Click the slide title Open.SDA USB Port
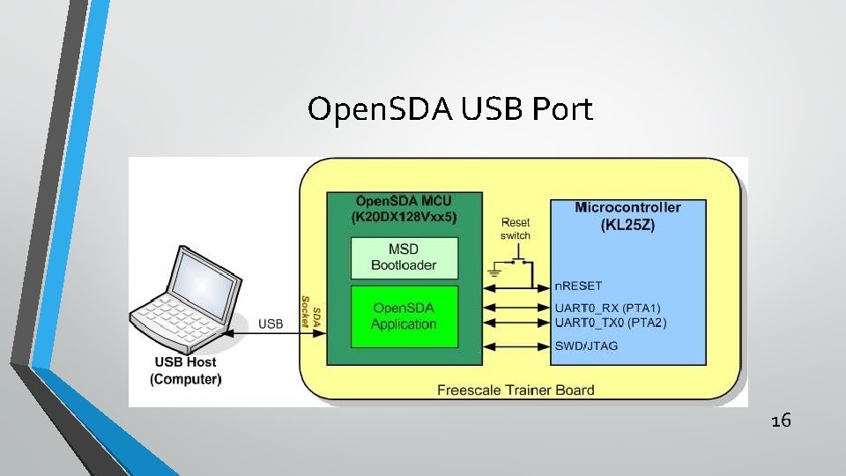(450, 109)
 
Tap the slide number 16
(780, 421)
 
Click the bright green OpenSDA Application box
(404, 316)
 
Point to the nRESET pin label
(578, 286)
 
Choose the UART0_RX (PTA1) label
(607, 308)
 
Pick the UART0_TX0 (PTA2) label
(610, 323)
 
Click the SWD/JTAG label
(586, 346)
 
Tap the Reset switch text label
(516, 229)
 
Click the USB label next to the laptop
(271, 324)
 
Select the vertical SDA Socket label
(309, 311)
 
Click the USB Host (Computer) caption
(185, 370)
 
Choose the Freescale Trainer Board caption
(516, 390)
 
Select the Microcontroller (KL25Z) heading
(627, 216)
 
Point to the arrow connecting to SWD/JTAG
(516, 346)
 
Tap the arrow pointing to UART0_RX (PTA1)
(516, 308)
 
